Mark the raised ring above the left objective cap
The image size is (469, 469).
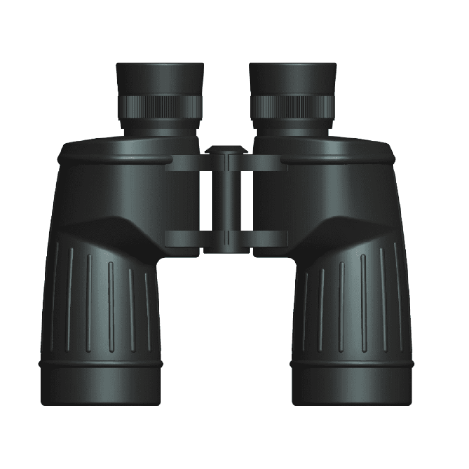(101, 363)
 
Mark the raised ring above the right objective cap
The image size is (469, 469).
(352, 363)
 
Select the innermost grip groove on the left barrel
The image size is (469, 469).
(149, 310)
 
